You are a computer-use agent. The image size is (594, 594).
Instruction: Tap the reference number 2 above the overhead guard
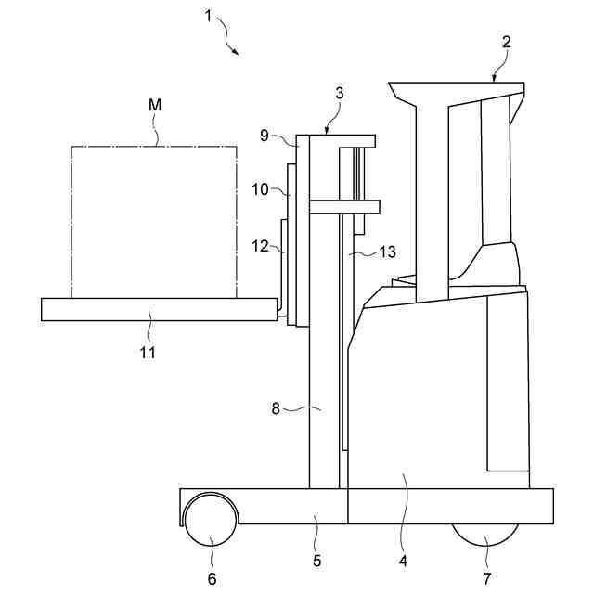pyautogui.click(x=506, y=42)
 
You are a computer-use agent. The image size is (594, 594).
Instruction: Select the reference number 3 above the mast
pyautogui.click(x=339, y=94)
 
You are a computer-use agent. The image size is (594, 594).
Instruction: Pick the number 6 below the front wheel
pyautogui.click(x=211, y=578)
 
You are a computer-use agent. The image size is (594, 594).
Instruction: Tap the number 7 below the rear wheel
pyautogui.click(x=487, y=578)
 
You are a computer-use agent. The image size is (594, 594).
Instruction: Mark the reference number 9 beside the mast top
pyautogui.click(x=265, y=136)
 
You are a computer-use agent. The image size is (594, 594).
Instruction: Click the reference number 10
pyautogui.click(x=261, y=189)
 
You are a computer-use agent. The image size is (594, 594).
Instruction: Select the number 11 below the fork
pyautogui.click(x=148, y=352)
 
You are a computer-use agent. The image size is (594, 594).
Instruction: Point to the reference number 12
pyautogui.click(x=261, y=247)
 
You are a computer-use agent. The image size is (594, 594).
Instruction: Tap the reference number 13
pyautogui.click(x=387, y=252)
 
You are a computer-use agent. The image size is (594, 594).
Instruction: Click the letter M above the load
pyautogui.click(x=155, y=106)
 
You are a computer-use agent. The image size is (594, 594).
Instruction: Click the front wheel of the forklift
pyautogui.click(x=211, y=520)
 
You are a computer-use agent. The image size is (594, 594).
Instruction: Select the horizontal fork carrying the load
pyautogui.click(x=158, y=309)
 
